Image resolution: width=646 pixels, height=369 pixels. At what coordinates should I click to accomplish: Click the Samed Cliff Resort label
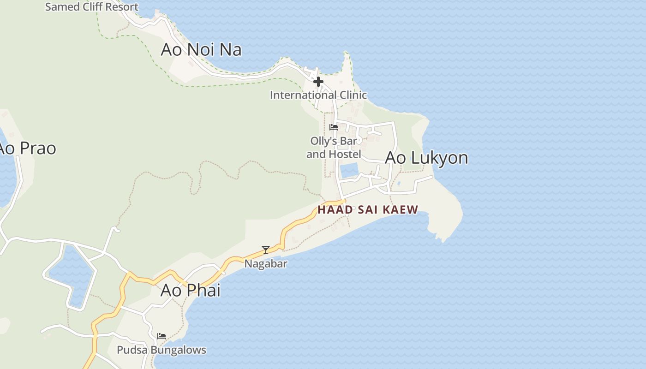tap(91, 7)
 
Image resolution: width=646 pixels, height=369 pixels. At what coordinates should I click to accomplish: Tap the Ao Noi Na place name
tap(201, 49)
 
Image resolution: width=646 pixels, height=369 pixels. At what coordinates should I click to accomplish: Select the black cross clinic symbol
tap(318, 82)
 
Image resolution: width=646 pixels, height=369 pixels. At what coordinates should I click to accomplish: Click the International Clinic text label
tap(318, 95)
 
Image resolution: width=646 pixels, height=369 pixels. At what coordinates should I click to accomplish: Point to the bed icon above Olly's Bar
tap(334, 127)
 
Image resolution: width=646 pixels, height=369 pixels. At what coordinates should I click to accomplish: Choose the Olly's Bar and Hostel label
tap(334, 147)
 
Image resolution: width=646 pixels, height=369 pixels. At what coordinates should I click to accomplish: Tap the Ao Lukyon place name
tap(426, 158)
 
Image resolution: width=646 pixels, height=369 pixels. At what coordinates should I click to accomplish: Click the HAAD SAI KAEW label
tap(368, 210)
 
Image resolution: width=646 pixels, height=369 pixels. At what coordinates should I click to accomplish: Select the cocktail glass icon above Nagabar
tap(266, 250)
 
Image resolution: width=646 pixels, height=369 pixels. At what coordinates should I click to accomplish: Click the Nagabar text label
tap(266, 264)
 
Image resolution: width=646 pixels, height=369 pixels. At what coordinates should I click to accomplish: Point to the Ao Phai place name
tap(190, 290)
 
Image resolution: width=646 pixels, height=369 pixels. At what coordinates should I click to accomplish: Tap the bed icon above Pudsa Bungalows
tap(161, 336)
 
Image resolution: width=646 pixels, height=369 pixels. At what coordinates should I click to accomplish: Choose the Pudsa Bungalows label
tap(161, 350)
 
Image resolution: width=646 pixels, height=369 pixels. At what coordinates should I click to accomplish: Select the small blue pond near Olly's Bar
tap(349, 170)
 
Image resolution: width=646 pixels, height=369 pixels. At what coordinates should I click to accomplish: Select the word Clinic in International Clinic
tap(350, 95)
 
